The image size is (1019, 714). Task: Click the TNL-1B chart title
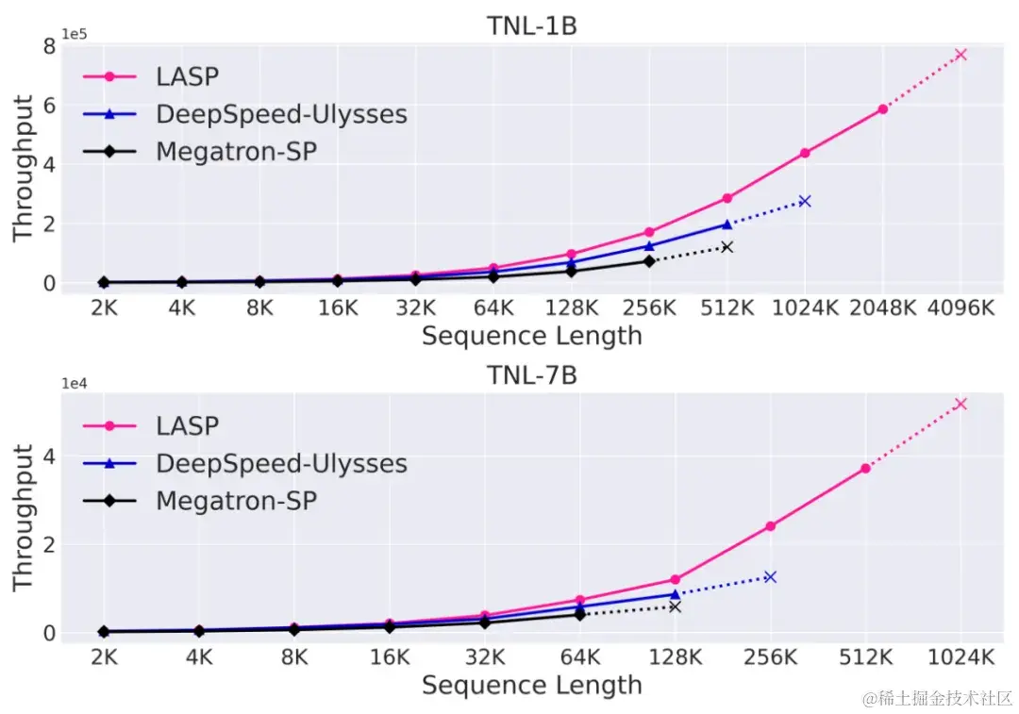[x=531, y=26]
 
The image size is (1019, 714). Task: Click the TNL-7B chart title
[x=531, y=375]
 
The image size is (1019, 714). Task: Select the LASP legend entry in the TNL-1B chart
[x=188, y=76]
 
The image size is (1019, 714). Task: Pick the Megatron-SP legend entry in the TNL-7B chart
[x=236, y=500]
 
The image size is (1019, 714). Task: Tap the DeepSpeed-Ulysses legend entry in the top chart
[x=281, y=114]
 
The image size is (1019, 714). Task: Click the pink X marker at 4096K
[x=961, y=55]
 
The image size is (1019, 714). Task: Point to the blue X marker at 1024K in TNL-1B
[x=805, y=201]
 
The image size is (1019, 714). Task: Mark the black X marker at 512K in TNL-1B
[x=727, y=247]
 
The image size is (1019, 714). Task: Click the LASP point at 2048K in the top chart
[x=883, y=109]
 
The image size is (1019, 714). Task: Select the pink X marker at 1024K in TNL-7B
[x=961, y=404]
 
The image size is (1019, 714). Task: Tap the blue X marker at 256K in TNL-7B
[x=770, y=576]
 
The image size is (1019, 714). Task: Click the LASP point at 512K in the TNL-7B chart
[x=865, y=468]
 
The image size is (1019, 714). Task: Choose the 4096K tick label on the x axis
[x=961, y=308]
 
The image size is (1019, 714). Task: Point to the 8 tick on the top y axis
[x=47, y=45]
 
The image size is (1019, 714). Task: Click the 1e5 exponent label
[x=75, y=34]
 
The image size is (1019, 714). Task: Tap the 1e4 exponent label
[x=75, y=383]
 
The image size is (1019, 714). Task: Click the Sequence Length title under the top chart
[x=531, y=336]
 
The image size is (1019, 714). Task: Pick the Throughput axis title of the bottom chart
[x=24, y=517]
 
